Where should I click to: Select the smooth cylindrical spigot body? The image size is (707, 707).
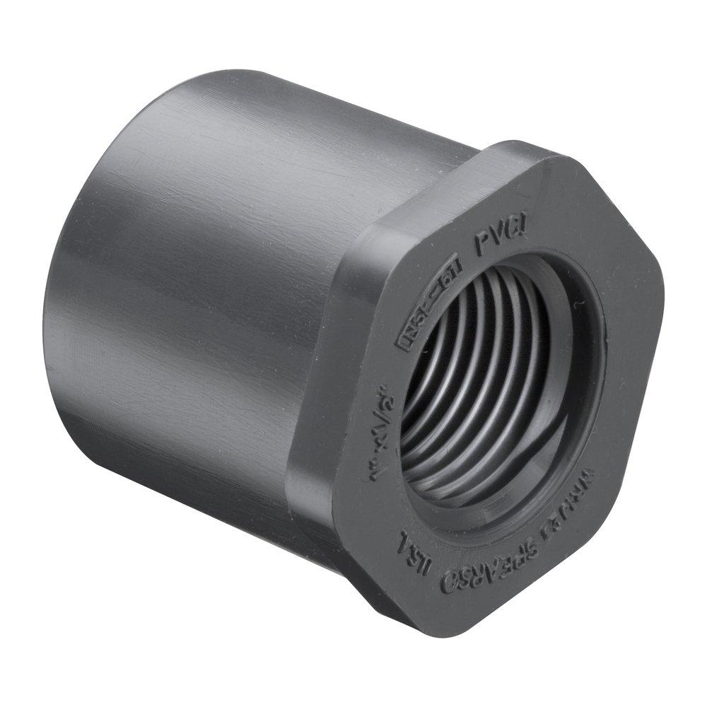coord(212,283)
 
